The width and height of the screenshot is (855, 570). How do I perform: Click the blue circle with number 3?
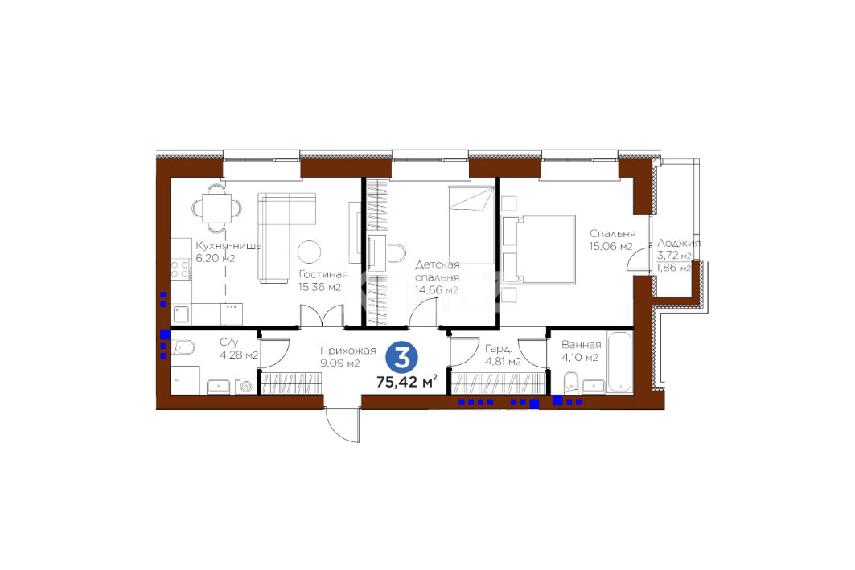pyautogui.click(x=402, y=358)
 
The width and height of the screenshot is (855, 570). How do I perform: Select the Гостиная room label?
pyautogui.click(x=323, y=275)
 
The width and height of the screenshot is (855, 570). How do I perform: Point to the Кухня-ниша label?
pyautogui.click(x=228, y=246)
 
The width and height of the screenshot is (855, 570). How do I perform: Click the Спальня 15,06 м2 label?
pyautogui.click(x=611, y=240)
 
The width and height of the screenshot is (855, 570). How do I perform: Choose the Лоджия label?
pyautogui.click(x=678, y=243)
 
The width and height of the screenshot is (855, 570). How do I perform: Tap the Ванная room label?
pyautogui.click(x=582, y=344)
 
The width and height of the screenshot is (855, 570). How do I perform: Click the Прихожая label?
pyautogui.click(x=348, y=351)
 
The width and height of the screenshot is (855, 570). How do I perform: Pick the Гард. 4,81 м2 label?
pyautogui.click(x=503, y=355)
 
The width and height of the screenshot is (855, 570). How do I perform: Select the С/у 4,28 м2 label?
pyautogui.click(x=239, y=349)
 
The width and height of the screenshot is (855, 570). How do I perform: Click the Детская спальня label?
pyautogui.click(x=437, y=271)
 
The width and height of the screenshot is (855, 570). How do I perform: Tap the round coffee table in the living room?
pyautogui.click(x=309, y=252)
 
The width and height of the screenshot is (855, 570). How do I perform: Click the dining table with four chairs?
pyautogui.click(x=216, y=207)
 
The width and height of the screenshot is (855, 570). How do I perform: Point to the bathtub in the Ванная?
pyautogui.click(x=619, y=361)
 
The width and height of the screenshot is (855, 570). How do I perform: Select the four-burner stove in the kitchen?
pyautogui.click(x=180, y=269)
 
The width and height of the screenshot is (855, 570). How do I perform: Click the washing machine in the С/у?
pyautogui.click(x=246, y=386)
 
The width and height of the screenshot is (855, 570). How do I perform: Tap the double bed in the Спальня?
pyautogui.click(x=539, y=249)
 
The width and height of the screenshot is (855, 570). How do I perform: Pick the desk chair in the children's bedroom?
pyautogui.click(x=396, y=254)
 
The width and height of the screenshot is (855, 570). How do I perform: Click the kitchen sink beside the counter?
pyautogui.click(x=181, y=314)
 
